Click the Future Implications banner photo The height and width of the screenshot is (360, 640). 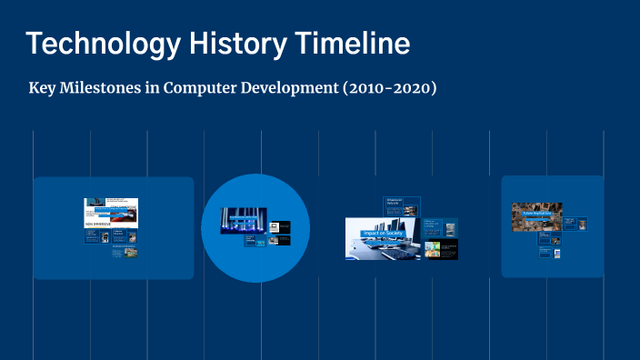pos(536,215)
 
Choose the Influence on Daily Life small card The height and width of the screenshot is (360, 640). pos(401,205)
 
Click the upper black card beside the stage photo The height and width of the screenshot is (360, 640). pos(281,225)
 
